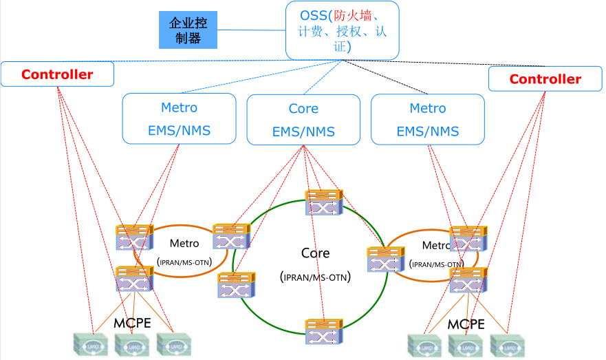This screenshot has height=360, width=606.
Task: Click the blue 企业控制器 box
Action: (188, 30)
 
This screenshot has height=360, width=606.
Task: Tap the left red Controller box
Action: (57, 74)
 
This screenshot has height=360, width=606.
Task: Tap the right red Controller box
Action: (545, 79)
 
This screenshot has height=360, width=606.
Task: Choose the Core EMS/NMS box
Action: (303, 120)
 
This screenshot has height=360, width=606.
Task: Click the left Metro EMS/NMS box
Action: (179, 118)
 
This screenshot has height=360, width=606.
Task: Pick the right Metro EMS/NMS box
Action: (427, 118)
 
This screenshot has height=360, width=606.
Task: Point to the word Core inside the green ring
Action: (315, 253)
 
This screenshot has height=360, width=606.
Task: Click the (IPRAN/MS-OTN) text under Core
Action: (316, 277)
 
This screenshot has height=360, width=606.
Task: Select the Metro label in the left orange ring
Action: (184, 243)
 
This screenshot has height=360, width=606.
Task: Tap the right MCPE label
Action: (466, 324)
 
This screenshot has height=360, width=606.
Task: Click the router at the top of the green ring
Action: (324, 203)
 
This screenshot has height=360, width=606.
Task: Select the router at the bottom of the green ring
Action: (324, 332)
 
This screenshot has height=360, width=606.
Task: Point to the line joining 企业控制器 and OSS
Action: (251, 30)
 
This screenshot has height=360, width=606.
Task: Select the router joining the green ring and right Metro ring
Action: (386, 260)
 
